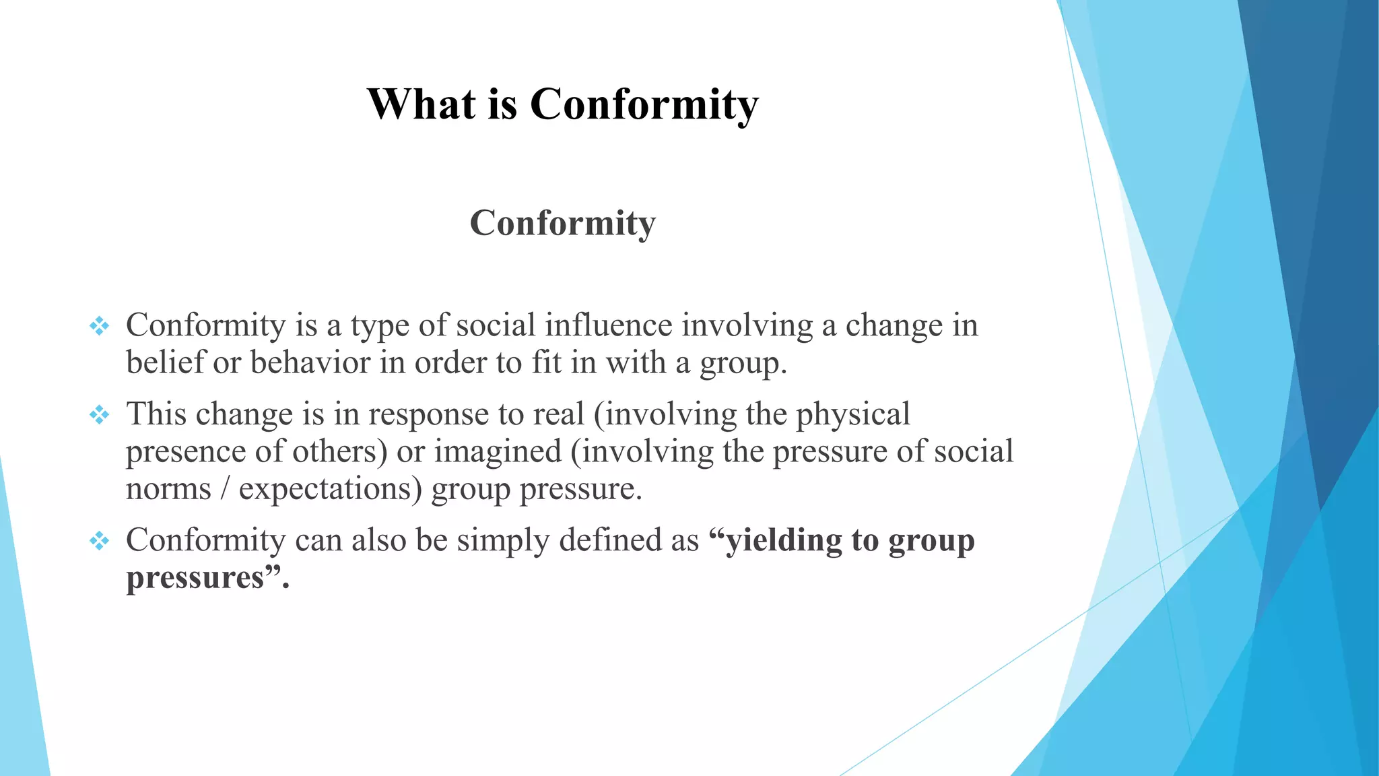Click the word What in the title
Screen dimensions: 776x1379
tap(422, 104)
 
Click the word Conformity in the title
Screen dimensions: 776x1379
tap(644, 104)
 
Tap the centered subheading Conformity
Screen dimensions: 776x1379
tap(562, 223)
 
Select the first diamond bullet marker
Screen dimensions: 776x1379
tap(99, 327)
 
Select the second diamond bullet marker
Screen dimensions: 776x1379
tap(99, 415)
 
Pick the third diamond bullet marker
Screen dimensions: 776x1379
tap(99, 541)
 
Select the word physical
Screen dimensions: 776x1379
tap(853, 414)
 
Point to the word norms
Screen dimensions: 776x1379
tap(168, 489)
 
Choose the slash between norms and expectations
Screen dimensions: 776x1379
tap(225, 489)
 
